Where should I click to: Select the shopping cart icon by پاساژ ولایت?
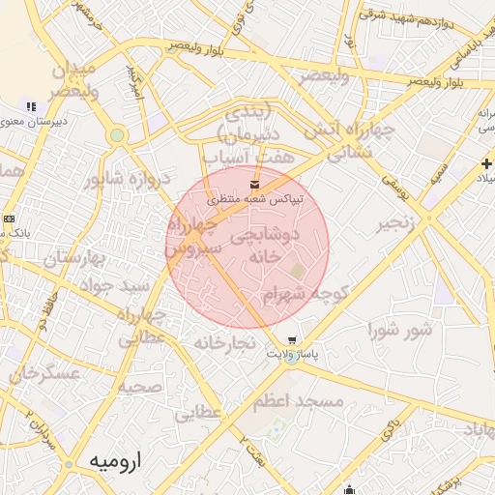pos(291,340)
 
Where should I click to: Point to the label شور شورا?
pos(396,331)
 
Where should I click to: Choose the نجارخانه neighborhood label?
pos(223,343)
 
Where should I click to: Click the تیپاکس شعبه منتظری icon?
pos(254,183)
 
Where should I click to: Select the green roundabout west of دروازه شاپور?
pos(117,135)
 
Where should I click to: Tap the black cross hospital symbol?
pos(485,164)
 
